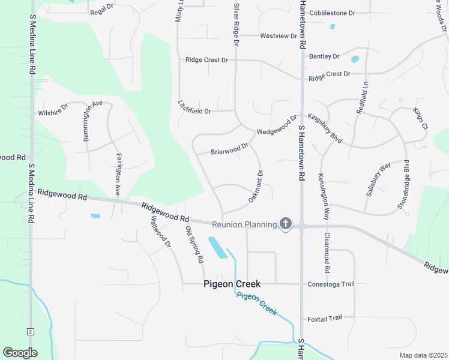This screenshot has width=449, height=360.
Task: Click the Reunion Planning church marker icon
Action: pos(285,224)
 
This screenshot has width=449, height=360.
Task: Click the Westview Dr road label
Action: pos(279,36)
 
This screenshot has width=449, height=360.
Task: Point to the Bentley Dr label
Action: pos(324,56)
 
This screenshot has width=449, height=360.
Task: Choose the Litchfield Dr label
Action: pos(194,107)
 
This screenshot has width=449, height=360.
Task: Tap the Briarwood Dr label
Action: pos(229,149)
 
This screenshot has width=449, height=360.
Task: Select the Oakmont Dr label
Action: pos(256,186)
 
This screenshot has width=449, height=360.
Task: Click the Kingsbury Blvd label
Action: pos(325,128)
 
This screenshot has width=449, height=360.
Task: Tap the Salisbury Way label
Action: pos(378,179)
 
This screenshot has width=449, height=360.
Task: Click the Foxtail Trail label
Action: pos(324,318)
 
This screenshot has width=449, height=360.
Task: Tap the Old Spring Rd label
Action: pos(195,245)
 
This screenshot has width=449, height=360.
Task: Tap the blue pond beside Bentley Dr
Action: pos(354,59)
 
